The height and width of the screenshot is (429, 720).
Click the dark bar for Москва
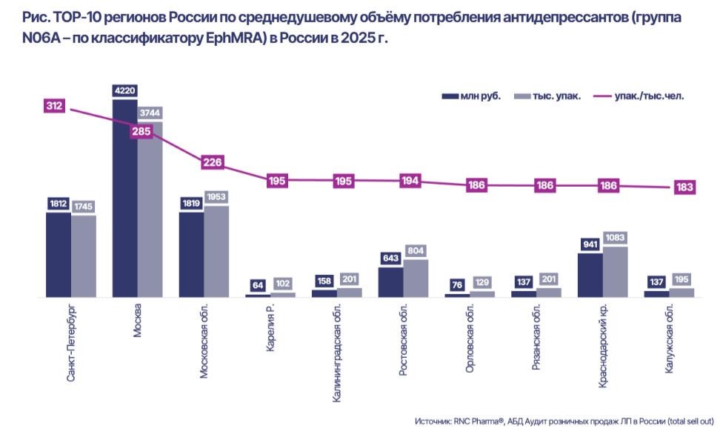124,200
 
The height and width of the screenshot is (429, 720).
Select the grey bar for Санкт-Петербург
84,256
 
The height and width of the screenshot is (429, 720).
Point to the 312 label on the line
54,106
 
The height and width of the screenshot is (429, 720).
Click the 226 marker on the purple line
213,162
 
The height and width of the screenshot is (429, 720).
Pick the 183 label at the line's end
684,187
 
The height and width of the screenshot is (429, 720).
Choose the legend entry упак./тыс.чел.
638,96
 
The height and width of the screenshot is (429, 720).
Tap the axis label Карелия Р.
271,325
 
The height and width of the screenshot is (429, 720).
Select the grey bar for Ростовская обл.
416,278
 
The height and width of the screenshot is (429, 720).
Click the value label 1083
615,237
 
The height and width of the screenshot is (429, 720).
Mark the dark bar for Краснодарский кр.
590,275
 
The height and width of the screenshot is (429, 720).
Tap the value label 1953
216,197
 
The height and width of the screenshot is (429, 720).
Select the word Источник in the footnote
433,420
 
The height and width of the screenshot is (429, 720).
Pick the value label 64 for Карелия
257,284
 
